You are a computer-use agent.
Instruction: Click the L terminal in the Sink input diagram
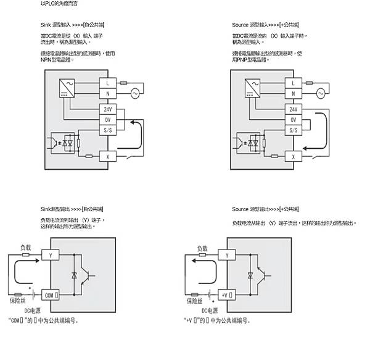pyautogui.click(x=109, y=82)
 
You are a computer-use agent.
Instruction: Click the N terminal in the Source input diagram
pyautogui.click(x=293, y=93)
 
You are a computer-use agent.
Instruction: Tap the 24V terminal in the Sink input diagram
pyautogui.click(x=109, y=108)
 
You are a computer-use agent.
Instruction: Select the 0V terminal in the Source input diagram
pyautogui.click(x=293, y=119)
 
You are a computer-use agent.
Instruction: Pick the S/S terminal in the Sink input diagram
pyautogui.click(x=109, y=130)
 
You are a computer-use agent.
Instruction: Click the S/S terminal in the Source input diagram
pyautogui.click(x=293, y=130)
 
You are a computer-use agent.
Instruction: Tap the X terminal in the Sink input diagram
pyautogui.click(x=109, y=156)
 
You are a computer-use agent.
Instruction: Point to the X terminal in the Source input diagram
pyautogui.click(x=293, y=156)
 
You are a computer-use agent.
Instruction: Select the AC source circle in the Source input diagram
pyautogui.click(x=321, y=93)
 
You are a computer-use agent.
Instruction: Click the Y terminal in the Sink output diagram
pyautogui.click(x=51, y=254)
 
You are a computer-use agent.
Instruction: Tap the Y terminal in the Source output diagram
pyautogui.click(x=227, y=254)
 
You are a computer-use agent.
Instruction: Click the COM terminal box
pyautogui.click(x=51, y=295)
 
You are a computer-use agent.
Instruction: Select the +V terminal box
pyautogui.click(x=227, y=295)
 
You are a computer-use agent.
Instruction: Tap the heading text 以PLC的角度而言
pyautogui.click(x=60, y=4)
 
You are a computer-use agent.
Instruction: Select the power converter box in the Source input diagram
pyautogui.click(x=250, y=88)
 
